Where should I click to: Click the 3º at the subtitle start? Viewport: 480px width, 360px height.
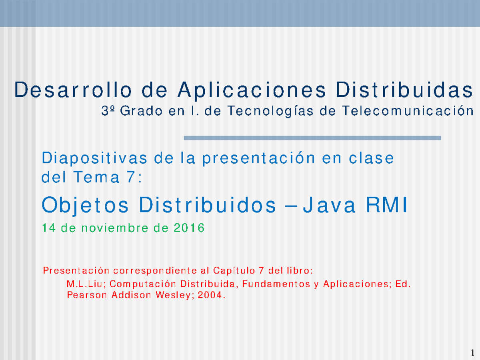point(107,111)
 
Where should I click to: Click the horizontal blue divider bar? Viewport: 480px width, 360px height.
point(312,138)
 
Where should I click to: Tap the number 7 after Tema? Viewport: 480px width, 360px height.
point(129,178)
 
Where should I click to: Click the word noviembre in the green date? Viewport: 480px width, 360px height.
point(114,228)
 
